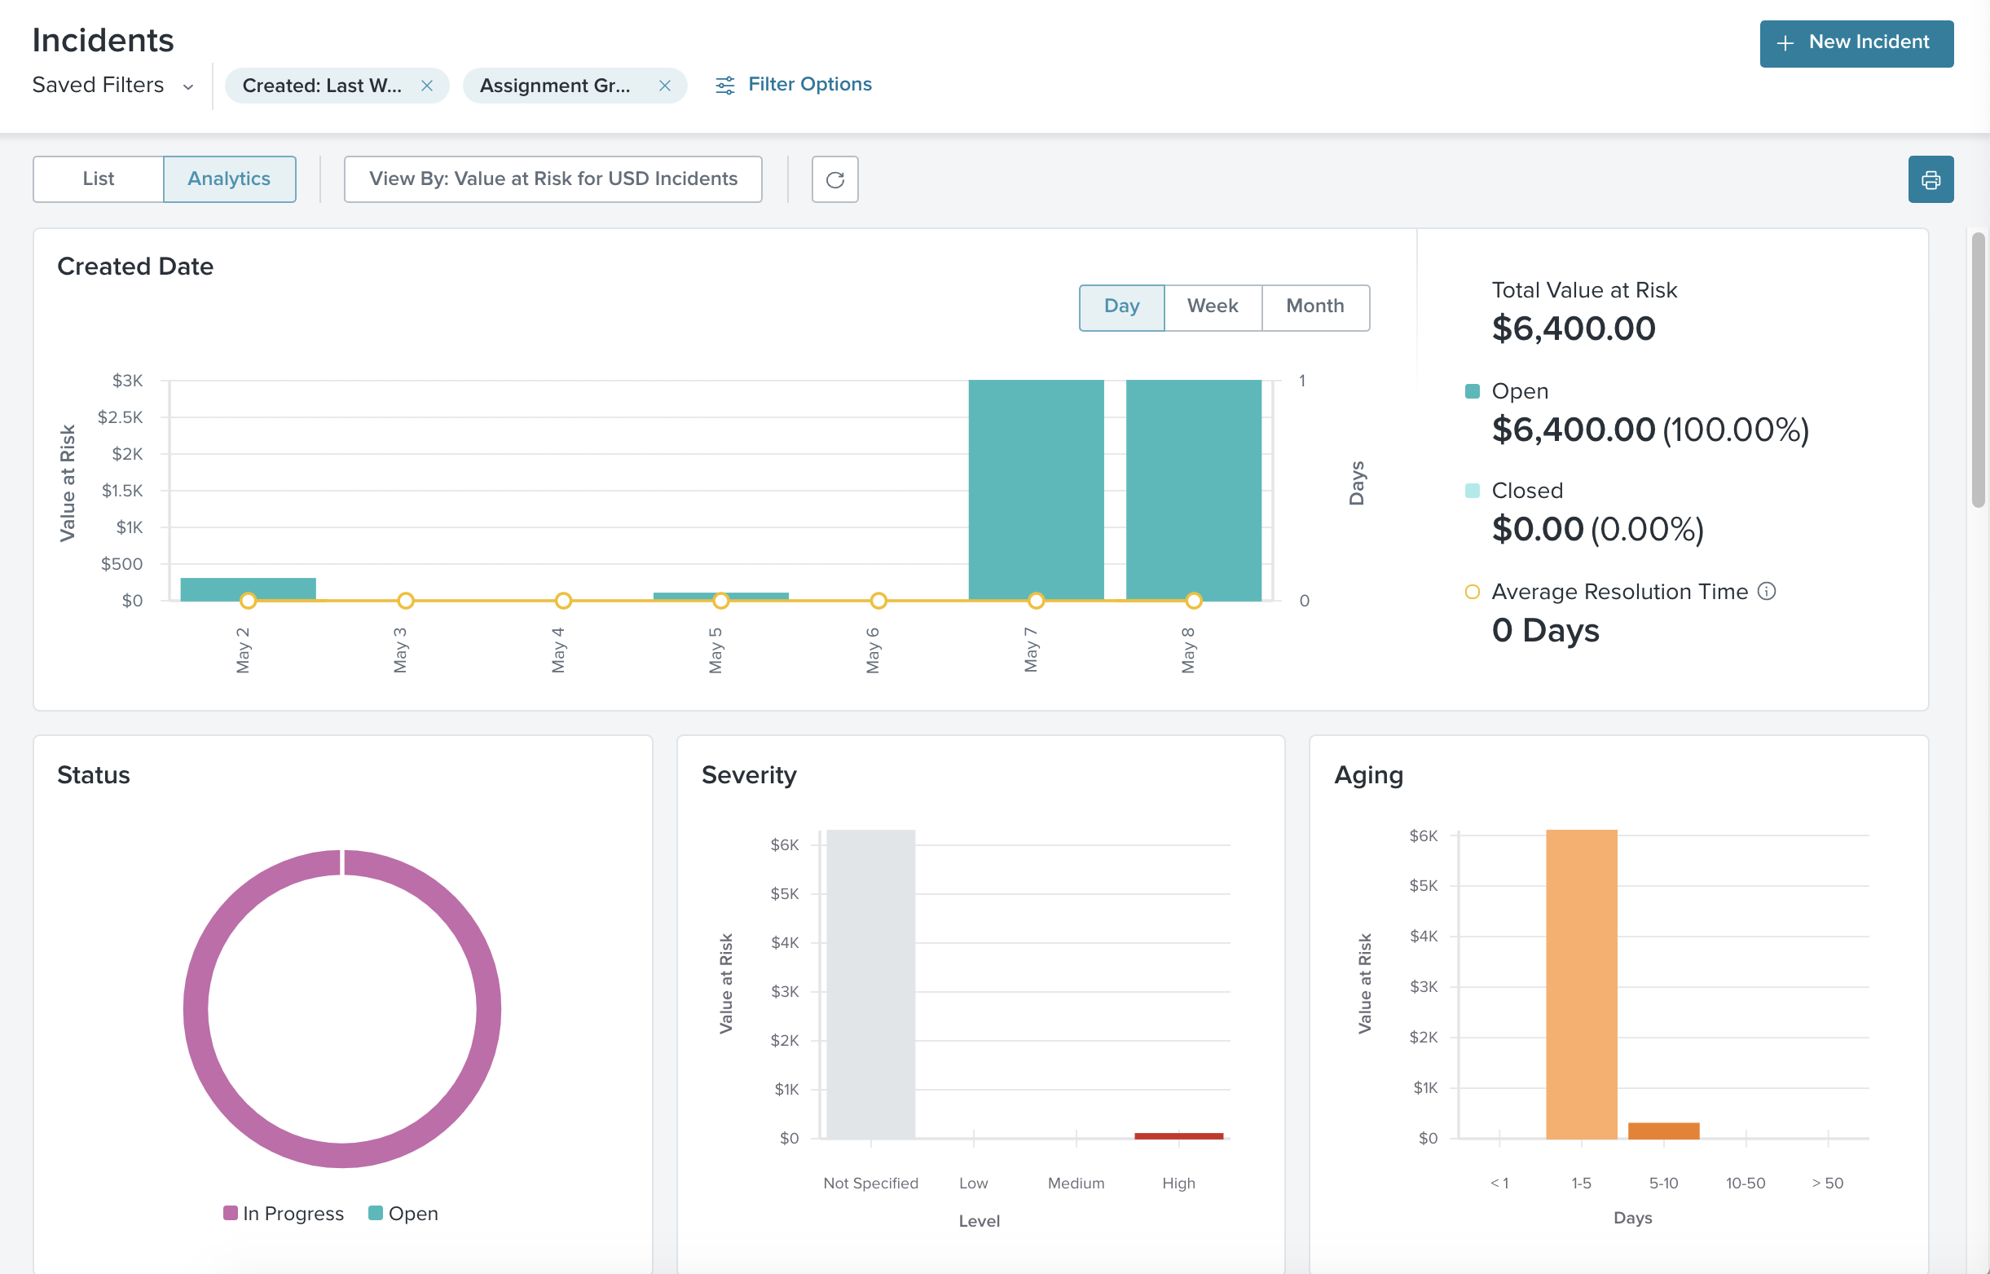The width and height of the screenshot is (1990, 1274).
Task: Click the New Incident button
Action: point(1856,43)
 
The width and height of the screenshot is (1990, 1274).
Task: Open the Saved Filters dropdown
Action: point(112,86)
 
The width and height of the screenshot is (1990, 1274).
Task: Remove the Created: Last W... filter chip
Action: point(427,86)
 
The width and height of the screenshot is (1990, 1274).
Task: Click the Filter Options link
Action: point(793,85)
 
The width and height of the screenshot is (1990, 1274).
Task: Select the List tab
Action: point(99,179)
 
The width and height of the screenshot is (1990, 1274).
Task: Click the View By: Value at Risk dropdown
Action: point(553,179)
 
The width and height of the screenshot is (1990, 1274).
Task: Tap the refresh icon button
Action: point(834,179)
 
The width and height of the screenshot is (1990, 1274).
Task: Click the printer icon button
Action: point(1930,179)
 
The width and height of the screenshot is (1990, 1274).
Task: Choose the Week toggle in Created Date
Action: point(1212,307)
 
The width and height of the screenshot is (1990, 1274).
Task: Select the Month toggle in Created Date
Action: point(1314,307)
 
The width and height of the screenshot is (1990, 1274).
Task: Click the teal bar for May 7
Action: point(1036,488)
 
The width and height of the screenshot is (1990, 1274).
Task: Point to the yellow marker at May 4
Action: point(563,601)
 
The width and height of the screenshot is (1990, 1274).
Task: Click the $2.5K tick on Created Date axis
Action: point(121,417)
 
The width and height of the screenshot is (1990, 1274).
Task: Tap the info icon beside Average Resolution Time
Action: point(1767,592)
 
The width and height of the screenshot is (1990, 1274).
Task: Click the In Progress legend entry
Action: point(284,1213)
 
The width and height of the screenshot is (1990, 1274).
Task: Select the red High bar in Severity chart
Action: point(1178,1136)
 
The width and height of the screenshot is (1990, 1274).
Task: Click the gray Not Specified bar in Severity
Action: point(870,985)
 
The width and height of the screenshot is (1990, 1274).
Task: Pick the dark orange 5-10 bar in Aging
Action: point(1662,1130)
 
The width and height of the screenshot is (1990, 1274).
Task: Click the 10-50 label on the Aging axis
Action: point(1746,1183)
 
